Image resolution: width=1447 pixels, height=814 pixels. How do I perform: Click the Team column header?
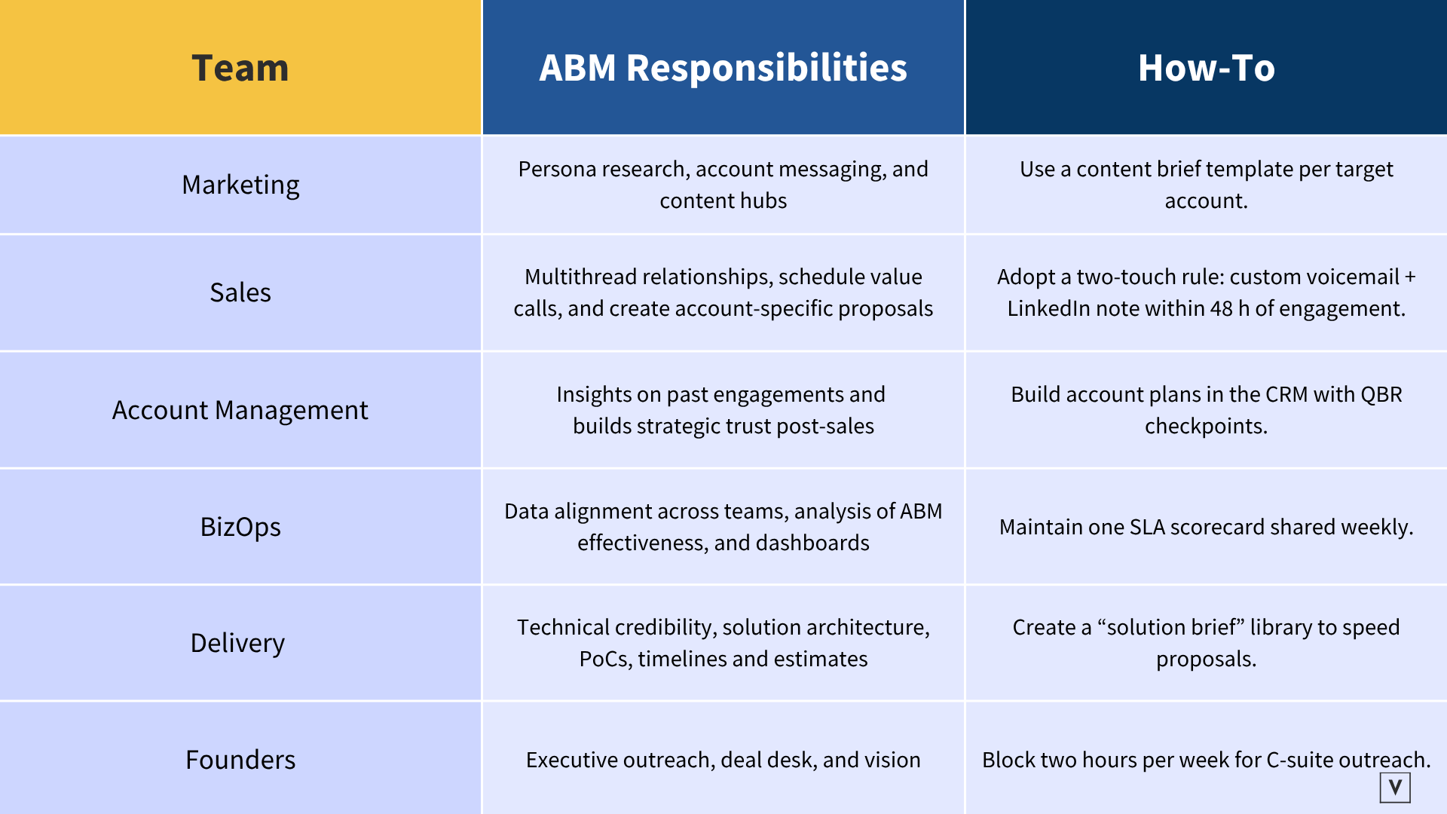pyautogui.click(x=240, y=68)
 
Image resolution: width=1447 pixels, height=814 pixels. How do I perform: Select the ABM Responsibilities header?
pyautogui.click(x=723, y=68)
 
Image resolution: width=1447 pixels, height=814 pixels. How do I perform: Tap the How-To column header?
pyautogui.click(x=1206, y=68)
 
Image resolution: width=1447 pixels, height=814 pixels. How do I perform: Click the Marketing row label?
pyautogui.click(x=240, y=185)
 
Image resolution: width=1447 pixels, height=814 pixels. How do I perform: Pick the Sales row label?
pyautogui.click(x=240, y=292)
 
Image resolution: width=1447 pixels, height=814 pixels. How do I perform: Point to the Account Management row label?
pyautogui.click(x=240, y=410)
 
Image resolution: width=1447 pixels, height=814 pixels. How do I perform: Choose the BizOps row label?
pyautogui.click(x=240, y=527)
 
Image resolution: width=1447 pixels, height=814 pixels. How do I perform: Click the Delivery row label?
pyautogui.click(x=237, y=643)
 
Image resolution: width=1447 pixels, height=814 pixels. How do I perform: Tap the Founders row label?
pyautogui.click(x=240, y=760)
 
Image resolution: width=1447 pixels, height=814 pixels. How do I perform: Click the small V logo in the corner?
pyautogui.click(x=1395, y=788)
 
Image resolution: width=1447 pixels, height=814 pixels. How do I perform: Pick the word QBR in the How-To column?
pyautogui.click(x=1382, y=394)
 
